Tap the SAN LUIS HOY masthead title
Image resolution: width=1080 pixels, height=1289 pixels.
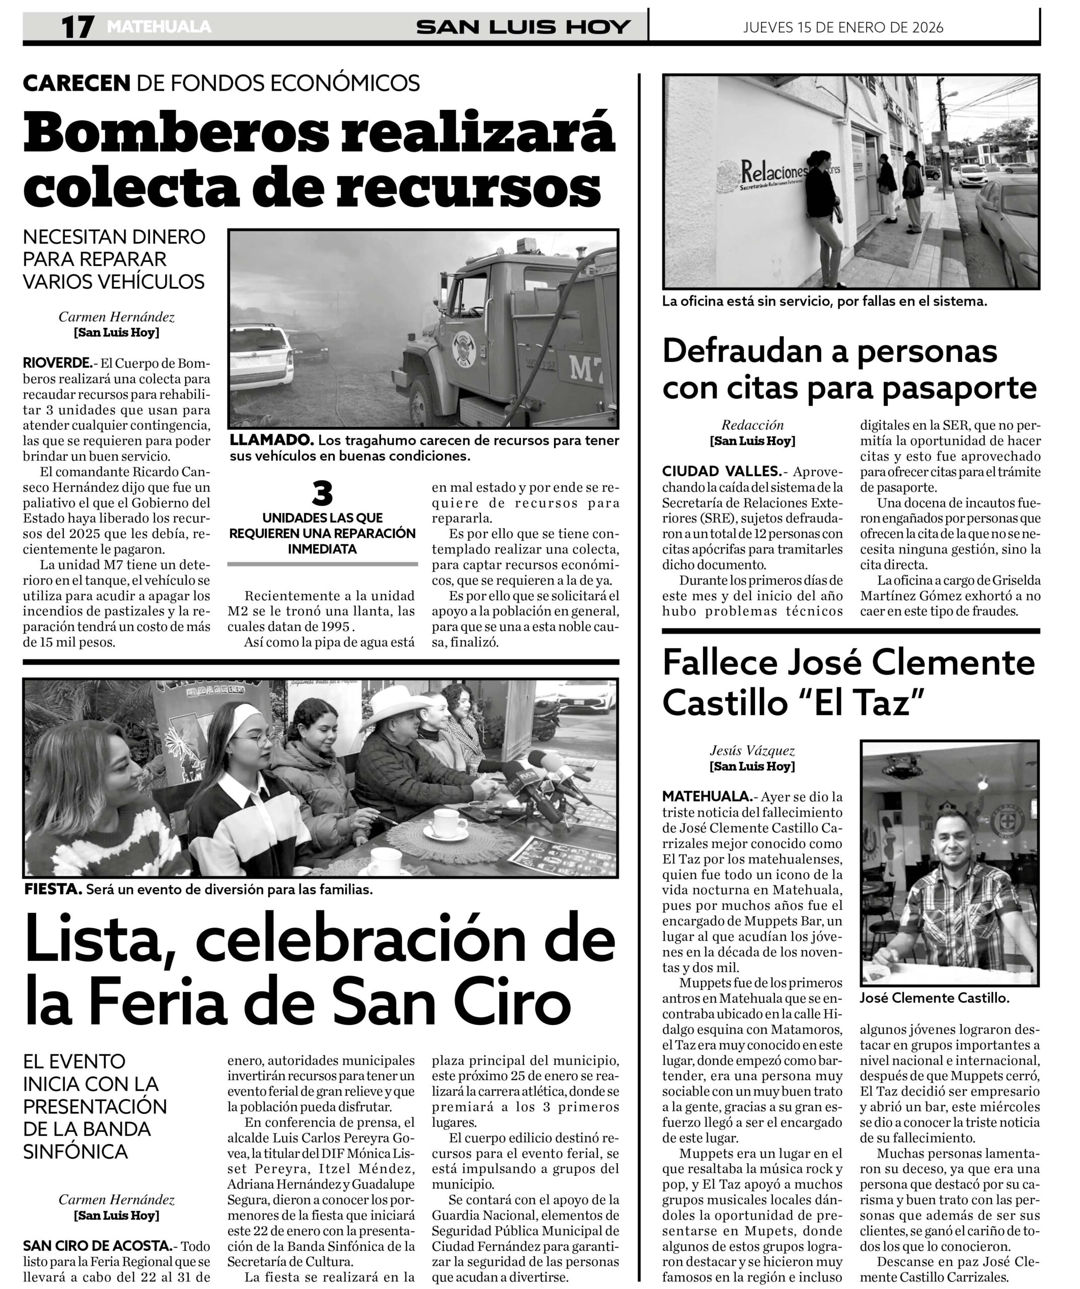[523, 27]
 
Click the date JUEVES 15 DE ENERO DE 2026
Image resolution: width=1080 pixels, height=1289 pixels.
[843, 28]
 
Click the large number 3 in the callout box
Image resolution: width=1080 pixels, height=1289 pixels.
[322, 493]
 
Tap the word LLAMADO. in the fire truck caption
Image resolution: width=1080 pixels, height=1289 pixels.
[271, 440]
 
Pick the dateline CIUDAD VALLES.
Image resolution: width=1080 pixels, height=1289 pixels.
[721, 471]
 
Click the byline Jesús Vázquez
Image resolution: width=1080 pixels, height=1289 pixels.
[752, 750]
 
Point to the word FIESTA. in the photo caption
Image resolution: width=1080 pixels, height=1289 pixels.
[53, 889]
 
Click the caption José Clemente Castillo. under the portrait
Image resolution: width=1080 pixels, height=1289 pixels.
[934, 998]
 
